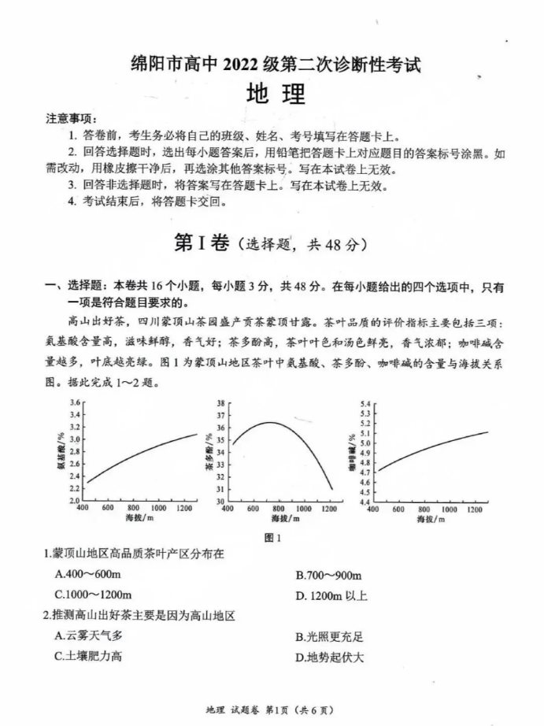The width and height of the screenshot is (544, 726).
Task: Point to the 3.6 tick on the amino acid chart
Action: tap(76, 402)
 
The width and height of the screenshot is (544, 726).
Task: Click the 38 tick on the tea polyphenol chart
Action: tap(220, 402)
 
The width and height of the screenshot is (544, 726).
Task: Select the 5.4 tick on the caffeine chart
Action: tap(364, 403)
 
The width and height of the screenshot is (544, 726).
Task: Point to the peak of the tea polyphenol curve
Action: tap(270, 423)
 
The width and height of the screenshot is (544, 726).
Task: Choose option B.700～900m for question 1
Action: tap(328, 575)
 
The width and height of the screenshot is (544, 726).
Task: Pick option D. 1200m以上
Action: tap(331, 595)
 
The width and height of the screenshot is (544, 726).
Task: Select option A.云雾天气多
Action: tap(89, 635)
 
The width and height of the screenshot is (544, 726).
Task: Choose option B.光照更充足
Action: tap(329, 636)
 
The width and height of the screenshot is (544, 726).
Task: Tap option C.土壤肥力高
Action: tap(88, 656)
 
